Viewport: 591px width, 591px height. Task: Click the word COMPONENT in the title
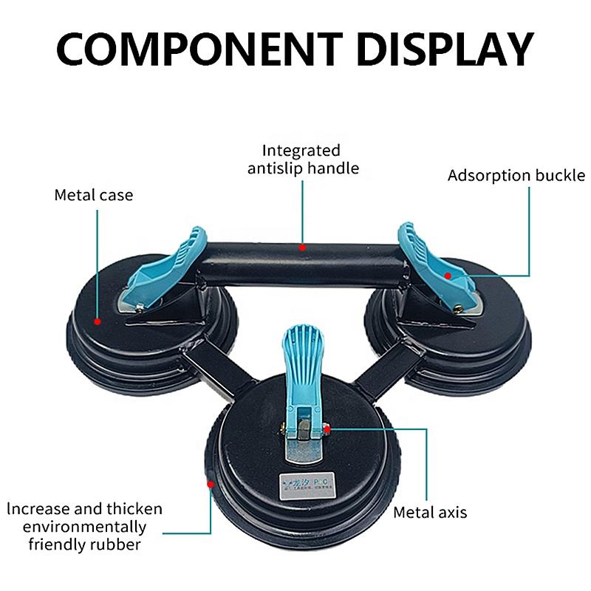point(178,50)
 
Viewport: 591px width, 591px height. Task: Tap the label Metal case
point(93,196)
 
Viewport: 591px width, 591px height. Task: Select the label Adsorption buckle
point(516,176)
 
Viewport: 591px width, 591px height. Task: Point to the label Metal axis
point(430,512)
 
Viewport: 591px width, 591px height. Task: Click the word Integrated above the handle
point(301,151)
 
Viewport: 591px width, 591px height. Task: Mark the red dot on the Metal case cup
point(98,321)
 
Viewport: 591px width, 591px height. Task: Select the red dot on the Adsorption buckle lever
point(448,275)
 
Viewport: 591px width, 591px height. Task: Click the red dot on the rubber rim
point(211,485)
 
